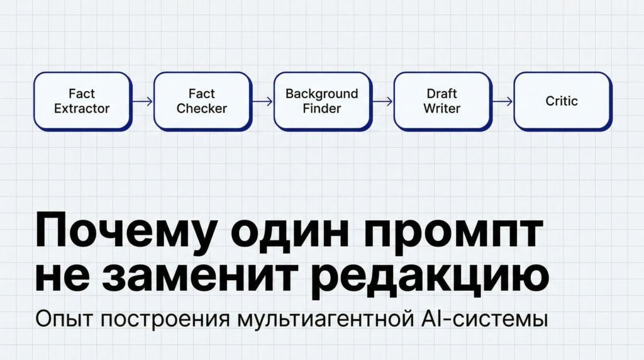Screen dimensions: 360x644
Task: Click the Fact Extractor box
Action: click(x=82, y=101)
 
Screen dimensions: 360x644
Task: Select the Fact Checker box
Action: click(x=201, y=101)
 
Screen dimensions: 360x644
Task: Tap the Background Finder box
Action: click(x=321, y=101)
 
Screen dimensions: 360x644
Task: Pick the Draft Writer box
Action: click(x=441, y=101)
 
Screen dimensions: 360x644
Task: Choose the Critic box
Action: click(x=562, y=101)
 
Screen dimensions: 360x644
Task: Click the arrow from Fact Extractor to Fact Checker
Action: click(x=143, y=101)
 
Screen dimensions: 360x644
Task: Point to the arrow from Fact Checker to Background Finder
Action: click(x=263, y=101)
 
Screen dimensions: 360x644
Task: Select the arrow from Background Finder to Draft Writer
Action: click(x=383, y=101)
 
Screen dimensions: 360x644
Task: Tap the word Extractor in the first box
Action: click(x=82, y=108)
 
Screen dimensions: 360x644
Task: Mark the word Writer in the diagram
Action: click(x=441, y=108)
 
